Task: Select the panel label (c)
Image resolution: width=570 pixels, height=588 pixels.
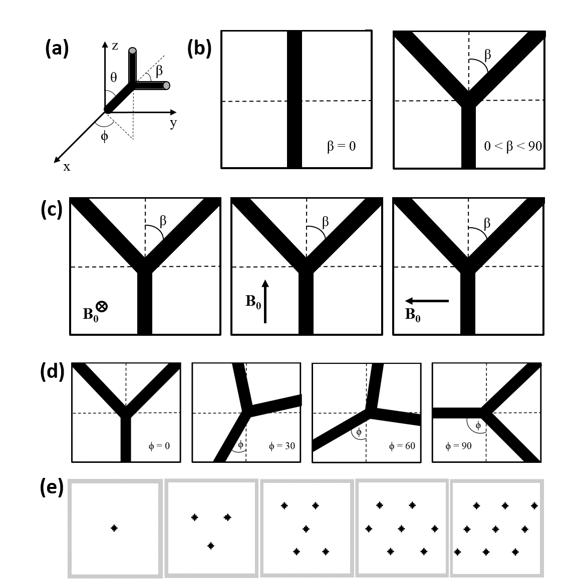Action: (52, 210)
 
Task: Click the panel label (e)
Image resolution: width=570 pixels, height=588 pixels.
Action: (52, 488)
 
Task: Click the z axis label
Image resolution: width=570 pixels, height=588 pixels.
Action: (115, 46)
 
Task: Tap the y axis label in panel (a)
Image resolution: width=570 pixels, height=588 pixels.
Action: (173, 123)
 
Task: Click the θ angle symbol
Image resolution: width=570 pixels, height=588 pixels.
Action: (114, 78)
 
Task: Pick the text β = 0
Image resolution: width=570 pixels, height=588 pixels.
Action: (341, 147)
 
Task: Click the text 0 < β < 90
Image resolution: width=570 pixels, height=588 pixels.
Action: (513, 147)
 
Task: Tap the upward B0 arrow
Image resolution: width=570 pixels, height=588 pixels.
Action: (265, 301)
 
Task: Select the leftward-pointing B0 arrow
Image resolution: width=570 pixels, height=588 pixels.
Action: (427, 301)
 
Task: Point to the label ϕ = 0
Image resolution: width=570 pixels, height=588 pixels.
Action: (159, 445)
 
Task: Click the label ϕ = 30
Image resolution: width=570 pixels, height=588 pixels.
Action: (282, 445)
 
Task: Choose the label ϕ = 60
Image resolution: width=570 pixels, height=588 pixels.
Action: (402, 445)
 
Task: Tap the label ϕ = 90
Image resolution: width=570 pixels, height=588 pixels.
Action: (458, 445)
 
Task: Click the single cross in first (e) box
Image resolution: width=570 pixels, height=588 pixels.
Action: (114, 527)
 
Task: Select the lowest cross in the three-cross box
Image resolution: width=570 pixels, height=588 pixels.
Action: (211, 545)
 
